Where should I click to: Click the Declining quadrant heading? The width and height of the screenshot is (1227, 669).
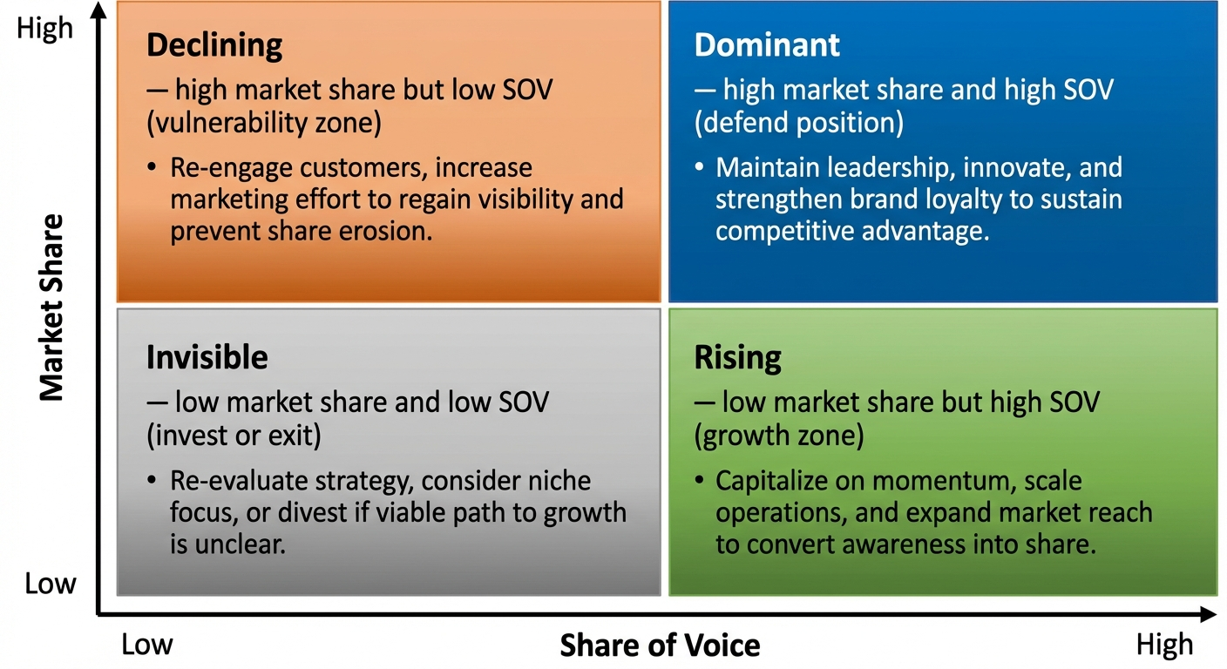tap(214, 45)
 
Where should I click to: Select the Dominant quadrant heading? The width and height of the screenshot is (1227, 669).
tap(767, 45)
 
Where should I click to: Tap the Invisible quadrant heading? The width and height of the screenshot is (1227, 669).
tap(207, 357)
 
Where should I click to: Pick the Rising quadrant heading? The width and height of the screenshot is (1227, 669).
tap(738, 357)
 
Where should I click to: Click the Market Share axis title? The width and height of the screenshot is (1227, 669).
tap(52, 307)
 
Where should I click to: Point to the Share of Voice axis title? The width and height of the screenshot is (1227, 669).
tap(660, 645)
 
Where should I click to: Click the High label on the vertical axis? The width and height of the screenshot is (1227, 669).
tap(44, 30)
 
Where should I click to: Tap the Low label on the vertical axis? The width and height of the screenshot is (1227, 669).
tap(50, 584)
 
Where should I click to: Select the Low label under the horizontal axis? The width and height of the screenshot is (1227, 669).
tap(146, 645)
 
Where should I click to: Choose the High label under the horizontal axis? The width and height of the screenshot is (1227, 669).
tap(1164, 645)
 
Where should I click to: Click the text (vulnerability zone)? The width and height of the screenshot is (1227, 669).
tap(264, 123)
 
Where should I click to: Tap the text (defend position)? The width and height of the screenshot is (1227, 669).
tap(798, 123)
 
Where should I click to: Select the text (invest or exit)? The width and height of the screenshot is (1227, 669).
tap(234, 435)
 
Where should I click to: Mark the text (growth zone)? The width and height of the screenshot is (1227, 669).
tap(779, 435)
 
